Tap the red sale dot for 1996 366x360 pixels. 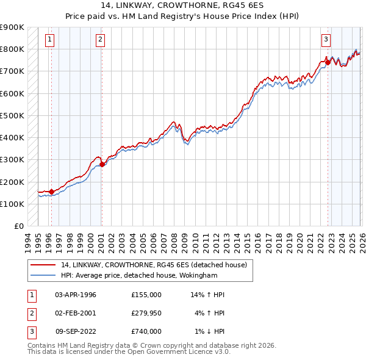point(51,192)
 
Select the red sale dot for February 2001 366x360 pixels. point(102,164)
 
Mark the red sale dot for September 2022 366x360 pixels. point(328,62)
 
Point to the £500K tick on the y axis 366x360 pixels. point(12,115)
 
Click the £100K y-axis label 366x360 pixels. point(12,204)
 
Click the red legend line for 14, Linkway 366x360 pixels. point(43,265)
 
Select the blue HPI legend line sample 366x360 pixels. point(43,276)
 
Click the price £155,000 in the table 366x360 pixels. point(146,295)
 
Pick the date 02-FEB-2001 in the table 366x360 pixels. point(76,313)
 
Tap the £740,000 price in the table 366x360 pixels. point(146,331)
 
